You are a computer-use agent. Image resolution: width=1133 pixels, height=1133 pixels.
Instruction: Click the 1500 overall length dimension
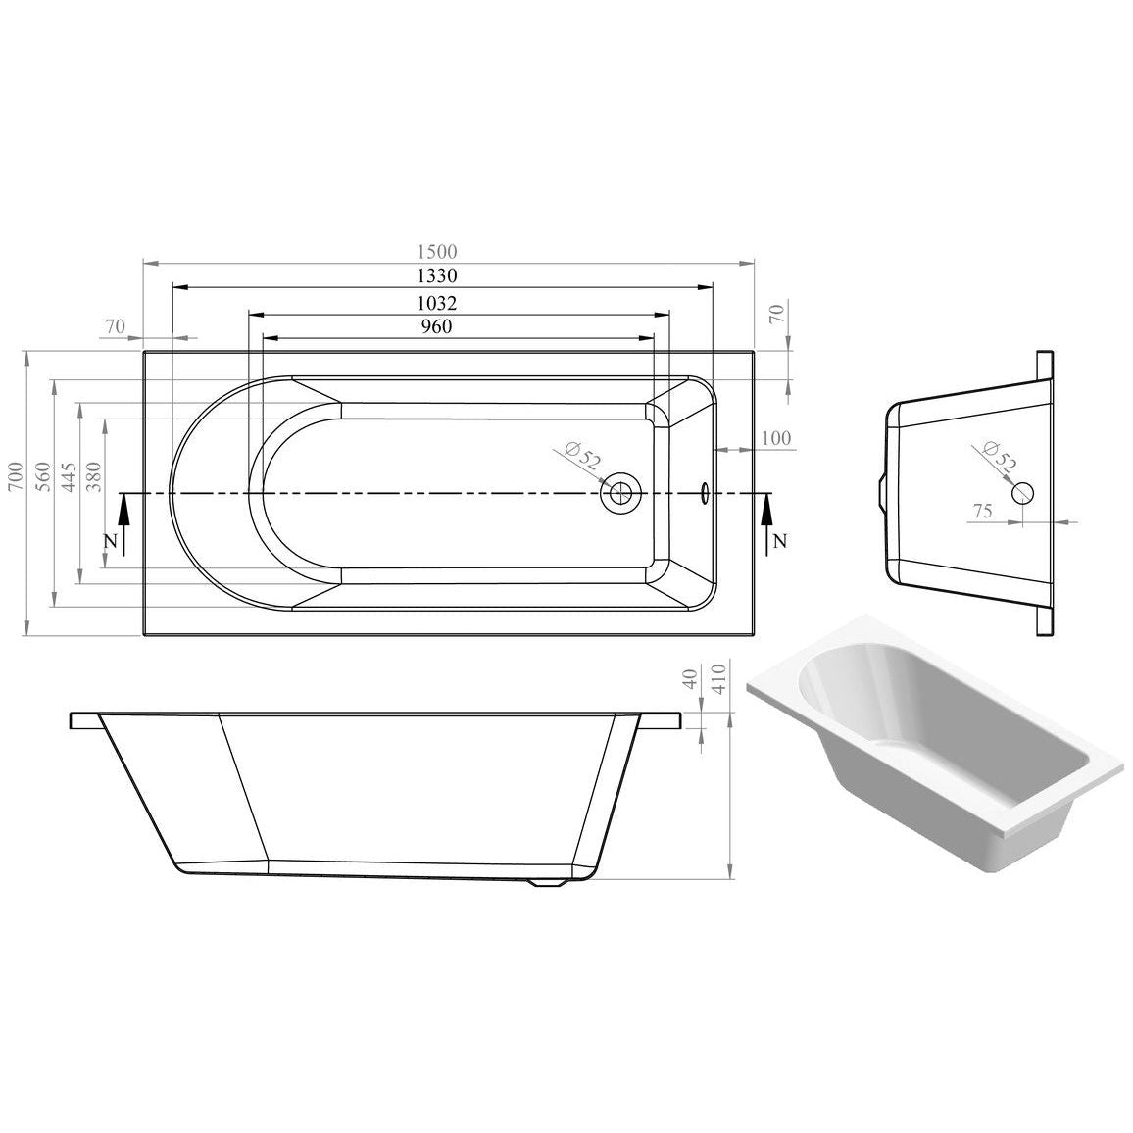pyautogui.click(x=438, y=252)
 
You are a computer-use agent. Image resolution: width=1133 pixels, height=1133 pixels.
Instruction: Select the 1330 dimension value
pyautogui.click(x=438, y=275)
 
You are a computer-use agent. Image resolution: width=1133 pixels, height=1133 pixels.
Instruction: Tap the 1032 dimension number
pyautogui.click(x=438, y=303)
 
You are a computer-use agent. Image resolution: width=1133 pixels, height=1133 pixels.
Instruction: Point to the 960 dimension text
pyautogui.click(x=437, y=326)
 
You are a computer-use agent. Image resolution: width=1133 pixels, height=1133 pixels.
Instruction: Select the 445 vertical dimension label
pyautogui.click(x=70, y=476)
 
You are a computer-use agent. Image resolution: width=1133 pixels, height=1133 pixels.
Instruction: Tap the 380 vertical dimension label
pyautogui.click(x=94, y=476)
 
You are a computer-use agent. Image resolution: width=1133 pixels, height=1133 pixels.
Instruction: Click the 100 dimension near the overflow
pyautogui.click(x=776, y=438)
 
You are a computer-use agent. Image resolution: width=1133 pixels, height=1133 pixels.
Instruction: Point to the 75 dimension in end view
pyautogui.click(x=982, y=512)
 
